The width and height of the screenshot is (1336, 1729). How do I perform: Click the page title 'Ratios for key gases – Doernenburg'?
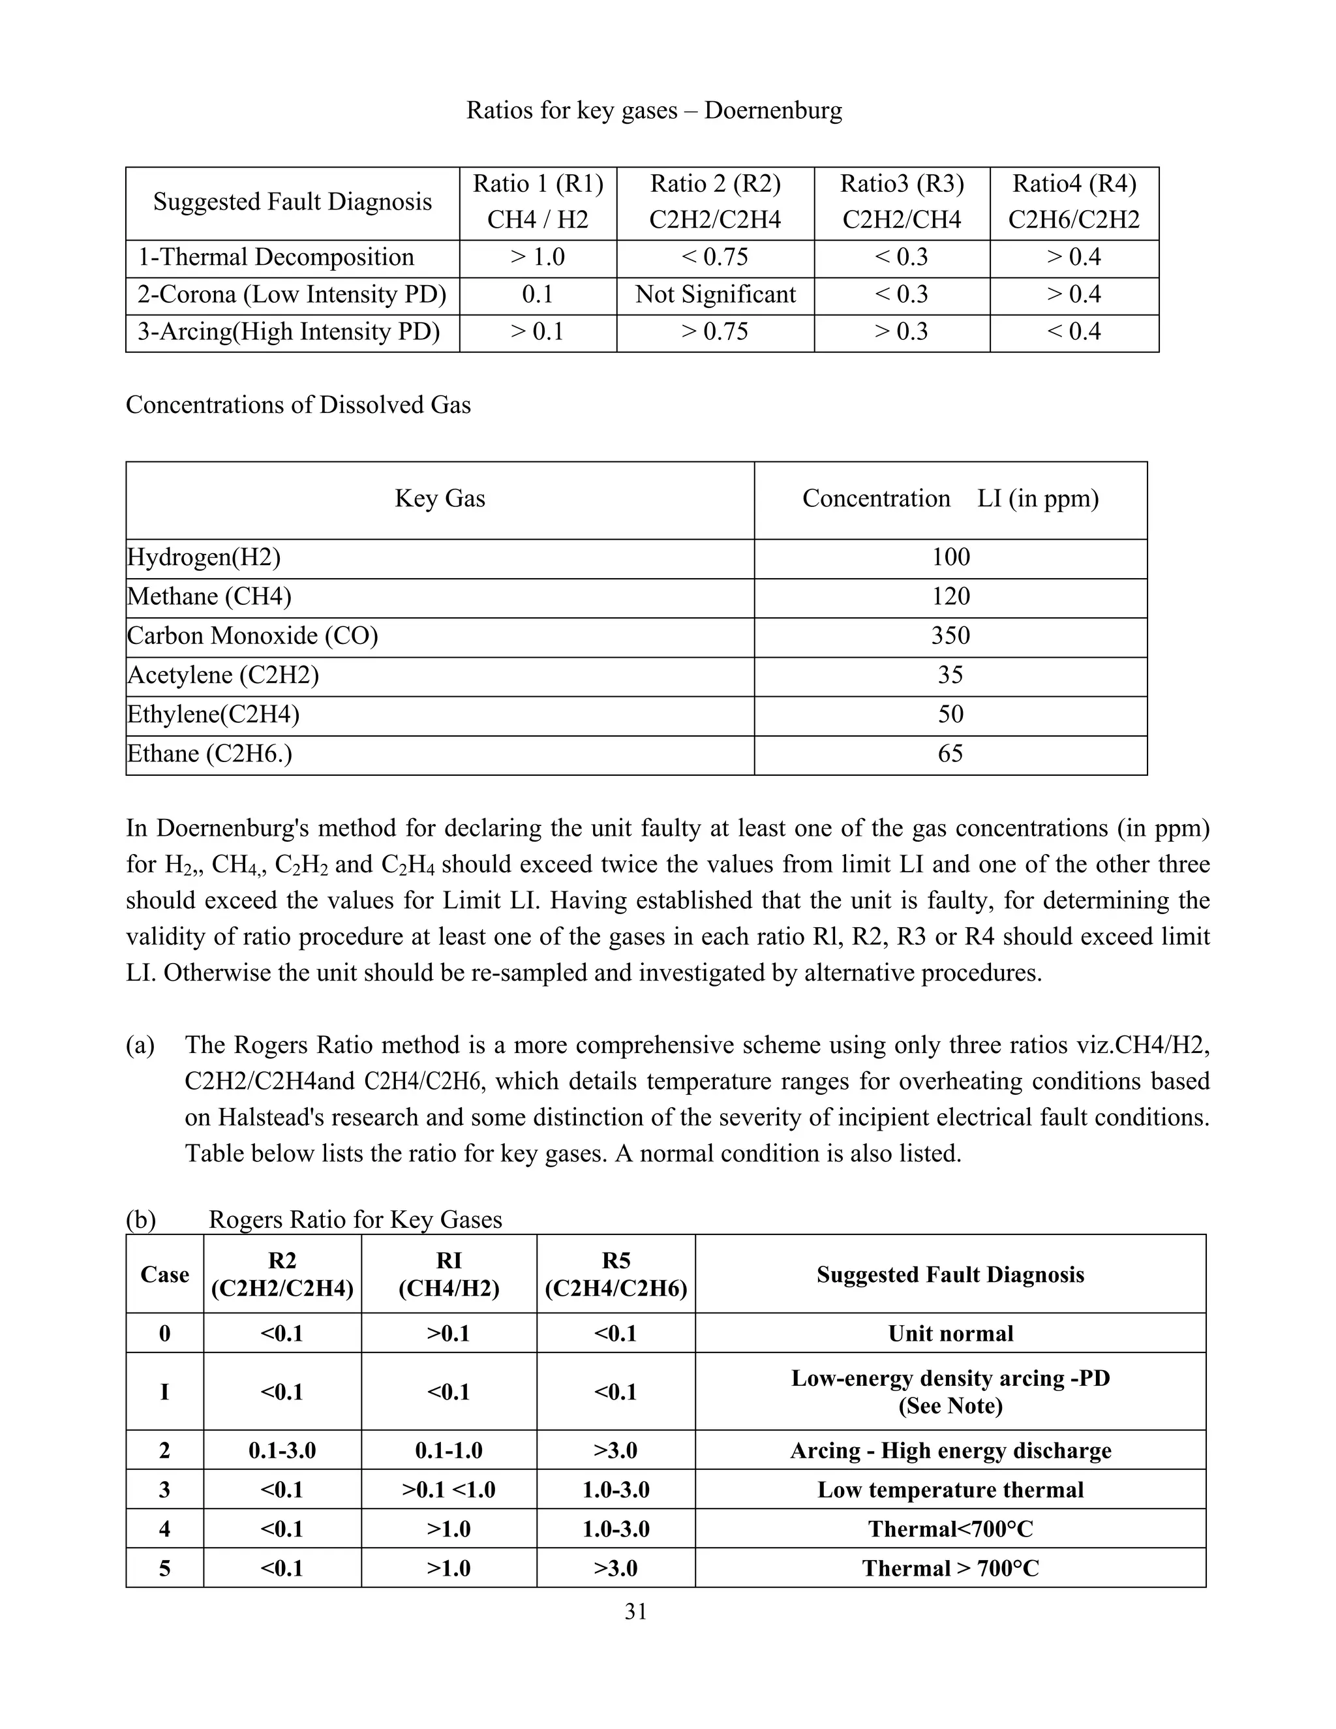coord(654,110)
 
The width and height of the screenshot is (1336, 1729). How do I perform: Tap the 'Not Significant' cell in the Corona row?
coord(715,294)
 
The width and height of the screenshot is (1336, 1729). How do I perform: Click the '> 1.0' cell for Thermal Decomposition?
coord(538,257)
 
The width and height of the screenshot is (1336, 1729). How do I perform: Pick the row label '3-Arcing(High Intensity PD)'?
coord(289,331)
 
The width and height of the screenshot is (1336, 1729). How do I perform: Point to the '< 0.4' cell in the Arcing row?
coord(1073,331)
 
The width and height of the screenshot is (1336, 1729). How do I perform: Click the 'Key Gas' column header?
coord(440,498)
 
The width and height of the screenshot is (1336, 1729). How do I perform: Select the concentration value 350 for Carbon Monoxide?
coord(950,635)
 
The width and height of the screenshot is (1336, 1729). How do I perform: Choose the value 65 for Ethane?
coord(950,754)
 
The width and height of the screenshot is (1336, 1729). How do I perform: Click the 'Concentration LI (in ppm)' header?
coord(950,498)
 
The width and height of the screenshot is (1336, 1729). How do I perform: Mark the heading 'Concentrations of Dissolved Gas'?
coord(298,405)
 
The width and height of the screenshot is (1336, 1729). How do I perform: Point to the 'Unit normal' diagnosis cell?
coord(950,1334)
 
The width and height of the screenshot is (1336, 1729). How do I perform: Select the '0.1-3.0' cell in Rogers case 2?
coord(282,1451)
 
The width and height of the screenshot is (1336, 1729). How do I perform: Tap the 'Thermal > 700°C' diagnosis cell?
coord(950,1568)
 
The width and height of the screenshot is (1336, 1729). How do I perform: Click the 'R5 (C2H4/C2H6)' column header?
coord(615,1275)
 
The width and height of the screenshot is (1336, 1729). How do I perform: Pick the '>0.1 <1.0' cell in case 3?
coord(448,1490)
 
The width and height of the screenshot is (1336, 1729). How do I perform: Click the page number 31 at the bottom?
coord(635,1613)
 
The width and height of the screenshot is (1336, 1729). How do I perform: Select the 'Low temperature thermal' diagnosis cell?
coord(950,1490)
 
